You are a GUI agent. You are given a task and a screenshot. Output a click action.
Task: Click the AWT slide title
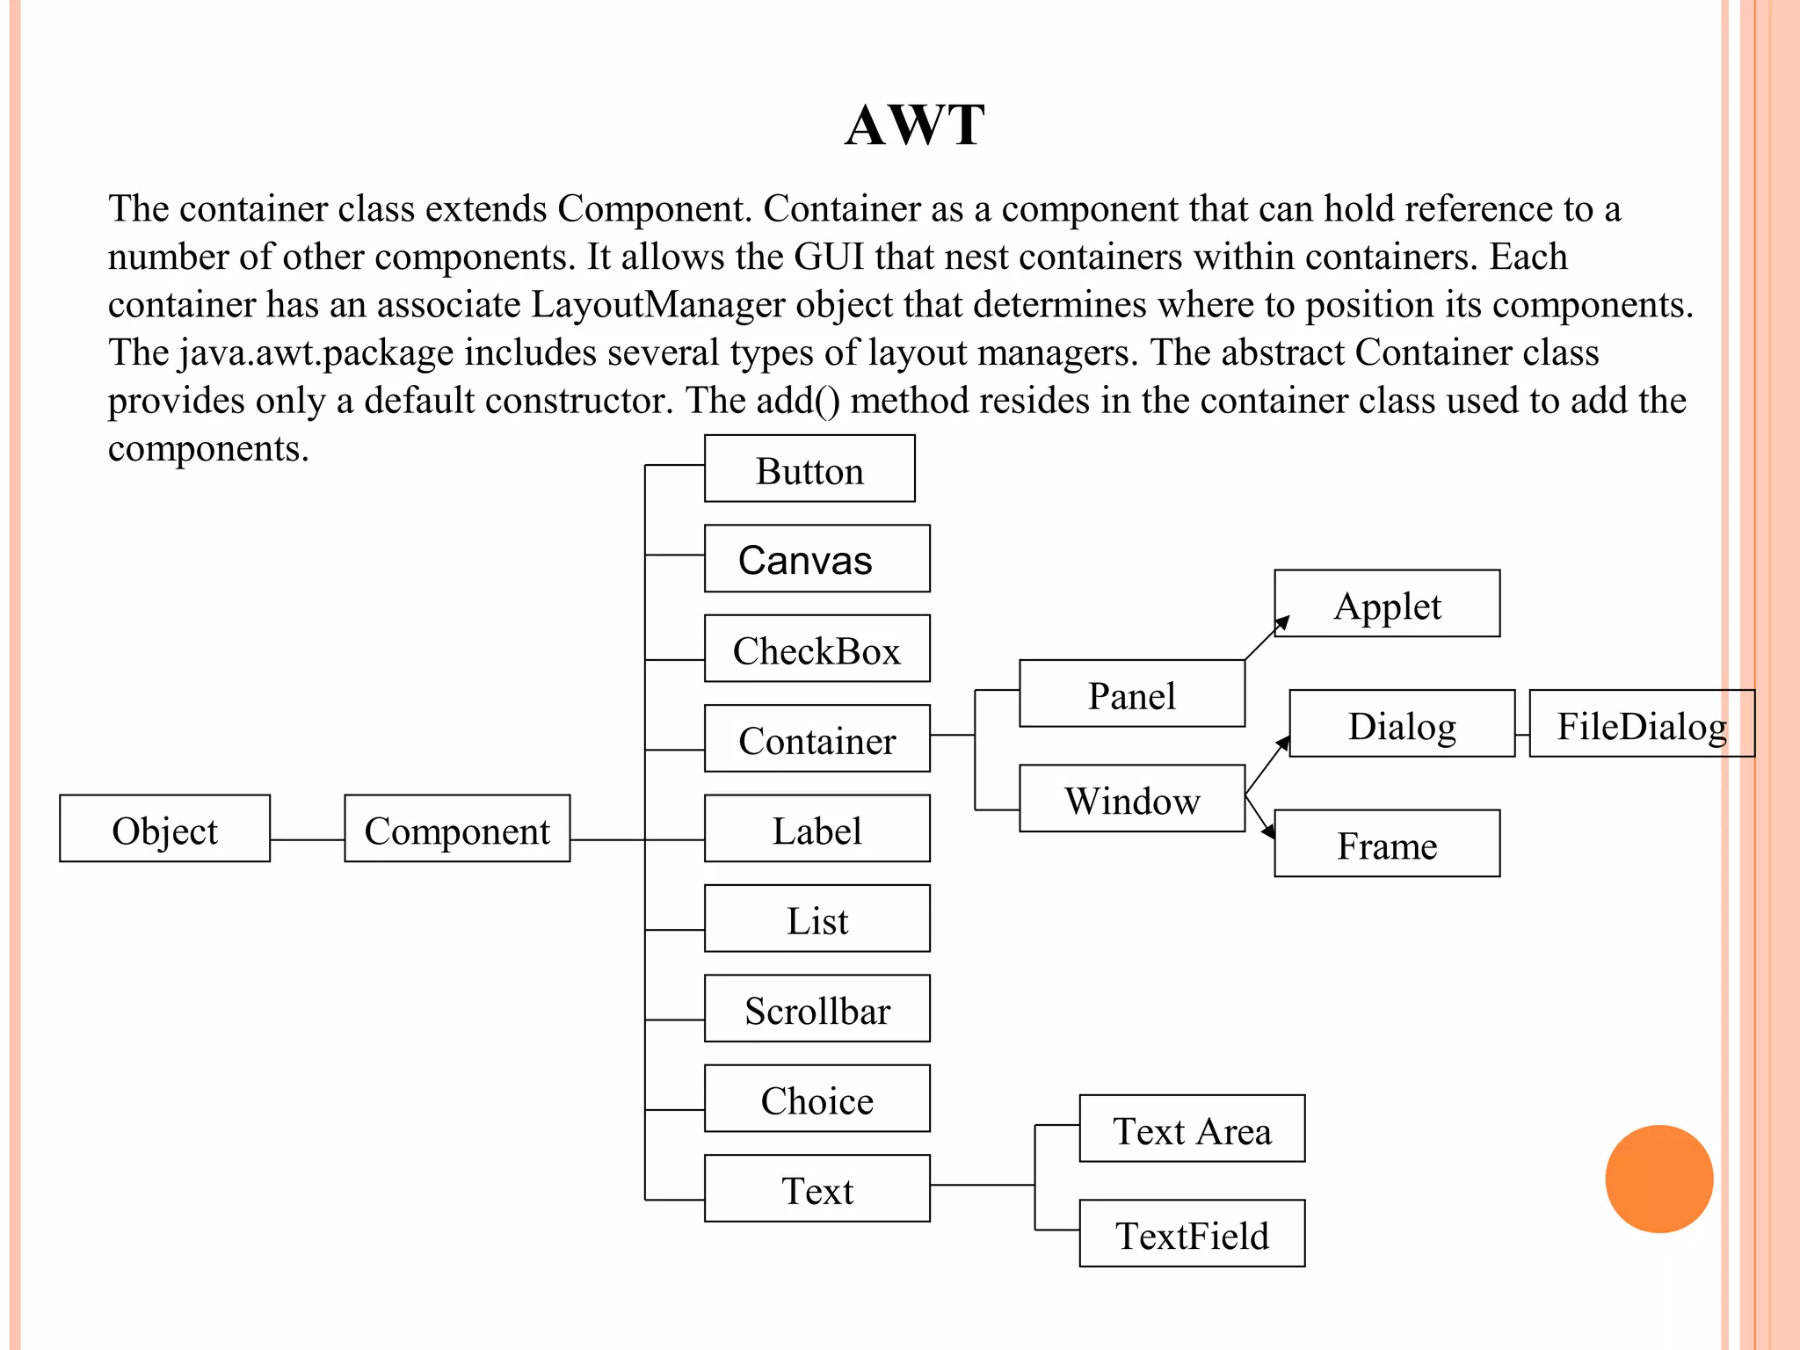point(914,125)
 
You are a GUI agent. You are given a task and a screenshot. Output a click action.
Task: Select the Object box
point(164,829)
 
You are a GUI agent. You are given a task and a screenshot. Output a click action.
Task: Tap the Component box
point(457,829)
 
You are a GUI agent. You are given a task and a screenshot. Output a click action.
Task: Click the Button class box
point(809,469)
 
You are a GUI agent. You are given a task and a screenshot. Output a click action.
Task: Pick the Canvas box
point(817,559)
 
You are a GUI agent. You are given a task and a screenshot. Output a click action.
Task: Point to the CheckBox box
point(817,650)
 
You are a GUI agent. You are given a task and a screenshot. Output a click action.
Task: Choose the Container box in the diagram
point(817,739)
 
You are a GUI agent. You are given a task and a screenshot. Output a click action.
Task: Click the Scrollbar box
point(817,1009)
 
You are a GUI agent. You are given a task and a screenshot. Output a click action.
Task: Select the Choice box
point(817,1100)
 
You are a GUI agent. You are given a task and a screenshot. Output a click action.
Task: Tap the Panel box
point(1132,694)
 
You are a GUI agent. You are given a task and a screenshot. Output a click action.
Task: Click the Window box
point(1132,799)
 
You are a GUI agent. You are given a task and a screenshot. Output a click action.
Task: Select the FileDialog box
point(1642,724)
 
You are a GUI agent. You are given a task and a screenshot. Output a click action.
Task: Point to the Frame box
point(1387,844)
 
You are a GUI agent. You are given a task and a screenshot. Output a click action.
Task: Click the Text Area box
point(1192,1129)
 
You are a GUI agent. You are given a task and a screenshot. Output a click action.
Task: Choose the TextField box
point(1192,1234)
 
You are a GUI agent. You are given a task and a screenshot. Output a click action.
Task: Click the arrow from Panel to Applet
point(1267,638)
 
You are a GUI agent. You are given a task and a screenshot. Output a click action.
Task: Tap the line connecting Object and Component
point(307,840)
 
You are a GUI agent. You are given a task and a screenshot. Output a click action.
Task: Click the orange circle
point(1658,1179)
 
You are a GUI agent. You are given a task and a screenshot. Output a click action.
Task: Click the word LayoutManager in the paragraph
point(657,305)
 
